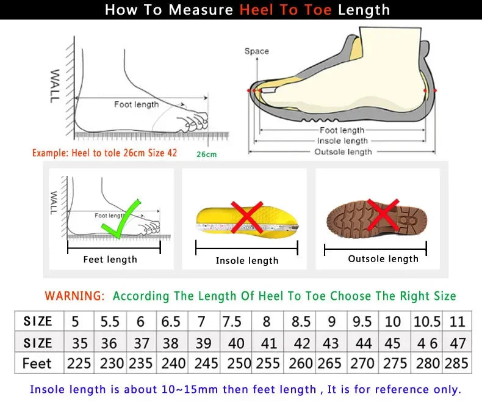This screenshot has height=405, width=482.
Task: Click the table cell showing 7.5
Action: tap(232, 321)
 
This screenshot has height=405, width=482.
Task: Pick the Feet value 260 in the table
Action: tap(300, 363)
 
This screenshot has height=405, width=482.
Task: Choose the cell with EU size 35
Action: tap(79, 343)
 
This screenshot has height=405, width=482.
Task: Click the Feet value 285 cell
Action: tap(456, 363)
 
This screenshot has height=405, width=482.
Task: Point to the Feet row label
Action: tap(37, 363)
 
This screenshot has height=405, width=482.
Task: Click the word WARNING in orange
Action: tap(75, 296)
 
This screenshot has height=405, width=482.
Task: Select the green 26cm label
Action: tap(206, 155)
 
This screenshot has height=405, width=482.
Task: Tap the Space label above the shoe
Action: tap(256, 51)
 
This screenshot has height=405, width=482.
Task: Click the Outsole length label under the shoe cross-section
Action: tap(342, 151)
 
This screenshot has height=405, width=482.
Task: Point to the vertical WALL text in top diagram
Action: tap(55, 86)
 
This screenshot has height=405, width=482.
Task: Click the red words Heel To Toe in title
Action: tap(286, 10)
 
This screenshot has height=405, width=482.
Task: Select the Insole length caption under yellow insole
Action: tap(247, 261)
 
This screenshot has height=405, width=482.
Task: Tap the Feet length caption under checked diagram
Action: tap(110, 260)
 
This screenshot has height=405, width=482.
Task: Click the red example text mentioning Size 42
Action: tap(104, 153)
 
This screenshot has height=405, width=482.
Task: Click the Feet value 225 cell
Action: tap(79, 363)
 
